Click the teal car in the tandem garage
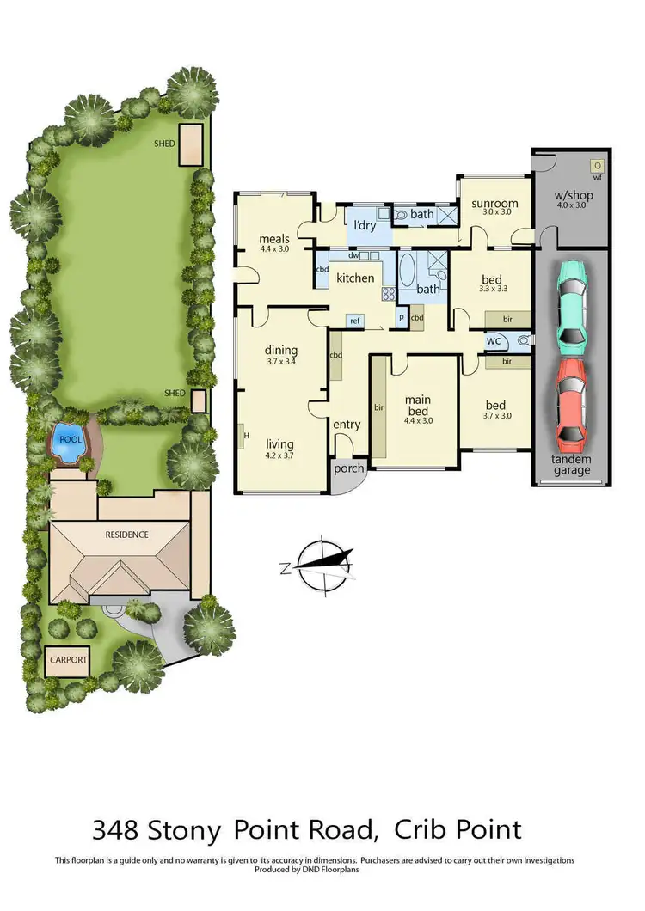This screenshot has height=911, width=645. [x=572, y=306]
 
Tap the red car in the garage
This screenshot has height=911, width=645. [x=572, y=406]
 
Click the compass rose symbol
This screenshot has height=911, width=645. [x=320, y=565]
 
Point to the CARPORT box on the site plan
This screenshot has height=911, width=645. [x=67, y=660]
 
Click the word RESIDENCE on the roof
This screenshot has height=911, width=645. [x=127, y=535]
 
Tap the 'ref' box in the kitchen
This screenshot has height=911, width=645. [x=354, y=321]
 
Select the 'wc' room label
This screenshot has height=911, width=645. [x=494, y=341]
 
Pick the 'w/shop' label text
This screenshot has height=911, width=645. [x=574, y=195]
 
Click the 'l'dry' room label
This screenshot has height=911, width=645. [x=365, y=226]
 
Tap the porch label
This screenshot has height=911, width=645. [x=349, y=468]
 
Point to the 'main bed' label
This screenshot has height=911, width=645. [x=419, y=405]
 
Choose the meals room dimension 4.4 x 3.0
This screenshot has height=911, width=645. [x=274, y=248]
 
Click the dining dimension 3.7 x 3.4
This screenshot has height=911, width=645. [x=281, y=362]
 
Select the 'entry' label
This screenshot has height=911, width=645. [x=347, y=425]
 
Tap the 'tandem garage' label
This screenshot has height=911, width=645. [x=572, y=465]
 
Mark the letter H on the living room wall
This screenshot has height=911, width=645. [x=246, y=435]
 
